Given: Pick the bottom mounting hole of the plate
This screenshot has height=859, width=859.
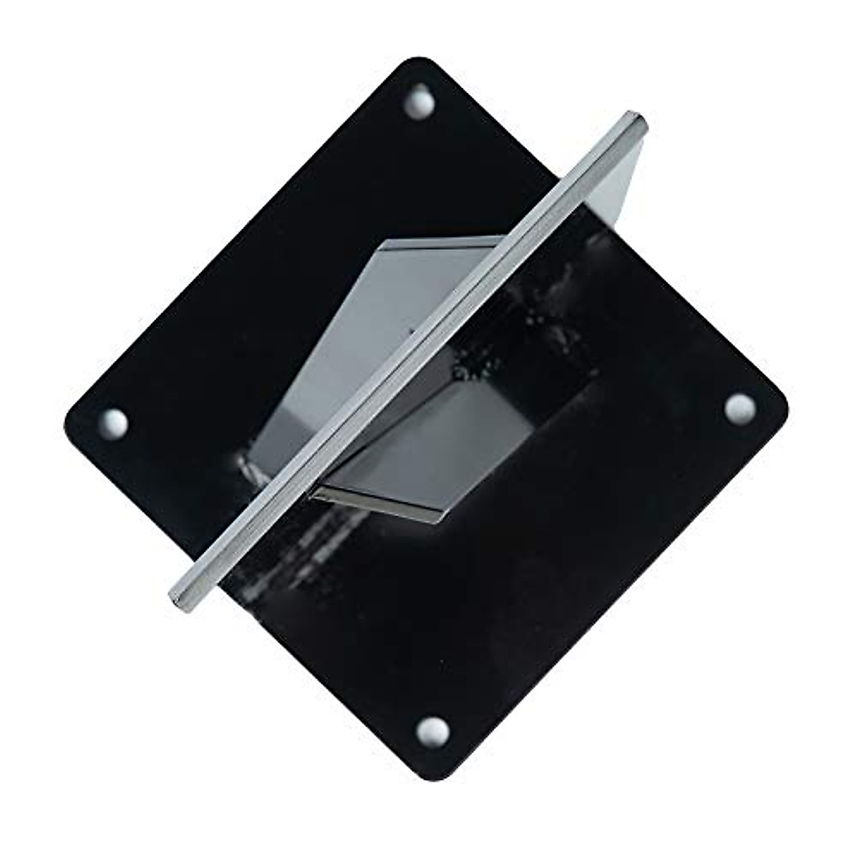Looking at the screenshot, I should [434, 731].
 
